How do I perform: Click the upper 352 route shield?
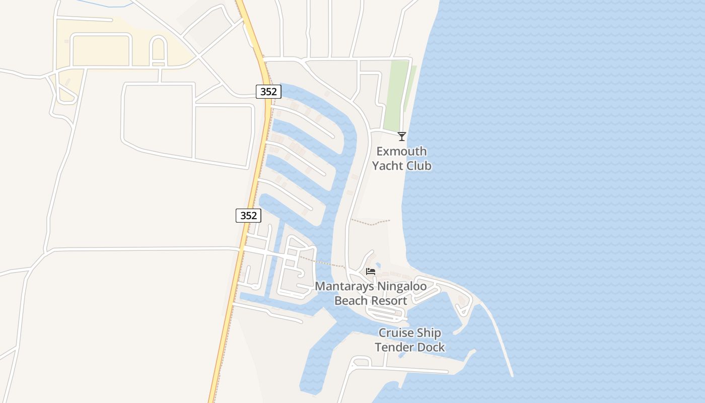[x=268, y=92]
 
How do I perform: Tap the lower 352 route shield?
[x=248, y=216]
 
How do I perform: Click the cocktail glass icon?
[x=402, y=136]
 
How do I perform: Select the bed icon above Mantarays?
[x=371, y=272]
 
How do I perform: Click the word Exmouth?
[x=401, y=152]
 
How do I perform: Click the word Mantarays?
[x=345, y=287]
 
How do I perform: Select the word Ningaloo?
[x=403, y=287]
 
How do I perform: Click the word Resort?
[x=388, y=301]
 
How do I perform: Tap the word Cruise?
[x=395, y=333]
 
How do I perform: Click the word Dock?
[x=432, y=347]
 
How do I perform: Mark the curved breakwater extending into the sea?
[x=499, y=338]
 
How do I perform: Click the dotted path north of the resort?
[x=370, y=222]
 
